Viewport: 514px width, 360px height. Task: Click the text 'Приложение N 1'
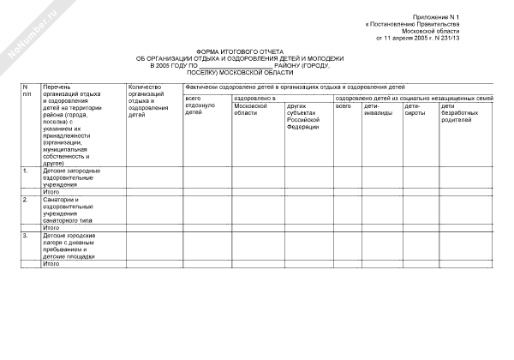click(x=466, y=17)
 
